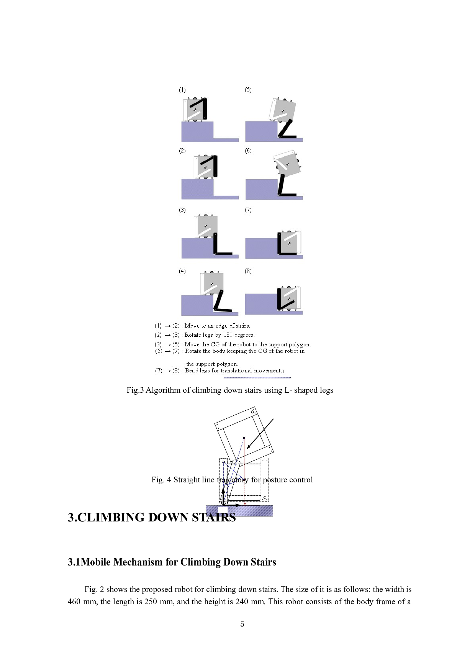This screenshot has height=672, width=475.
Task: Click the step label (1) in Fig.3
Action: pyautogui.click(x=182, y=90)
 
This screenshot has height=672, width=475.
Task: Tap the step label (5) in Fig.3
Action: pyautogui.click(x=248, y=90)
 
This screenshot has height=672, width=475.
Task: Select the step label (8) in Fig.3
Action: pyautogui.click(x=248, y=271)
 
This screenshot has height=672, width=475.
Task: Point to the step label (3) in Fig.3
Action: pyautogui.click(x=182, y=210)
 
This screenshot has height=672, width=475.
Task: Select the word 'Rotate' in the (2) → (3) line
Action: pyautogui.click(x=193, y=335)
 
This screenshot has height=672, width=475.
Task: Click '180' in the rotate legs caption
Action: pyautogui.click(x=228, y=335)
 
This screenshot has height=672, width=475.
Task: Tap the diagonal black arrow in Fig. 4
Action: pyautogui.click(x=260, y=434)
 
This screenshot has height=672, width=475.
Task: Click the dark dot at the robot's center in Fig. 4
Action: pyautogui.click(x=244, y=438)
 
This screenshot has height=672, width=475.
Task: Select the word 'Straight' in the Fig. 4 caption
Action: pyautogui.click(x=187, y=480)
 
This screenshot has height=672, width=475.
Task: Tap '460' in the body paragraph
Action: pyautogui.click(x=74, y=602)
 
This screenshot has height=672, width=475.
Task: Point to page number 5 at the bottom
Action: pyautogui.click(x=242, y=624)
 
